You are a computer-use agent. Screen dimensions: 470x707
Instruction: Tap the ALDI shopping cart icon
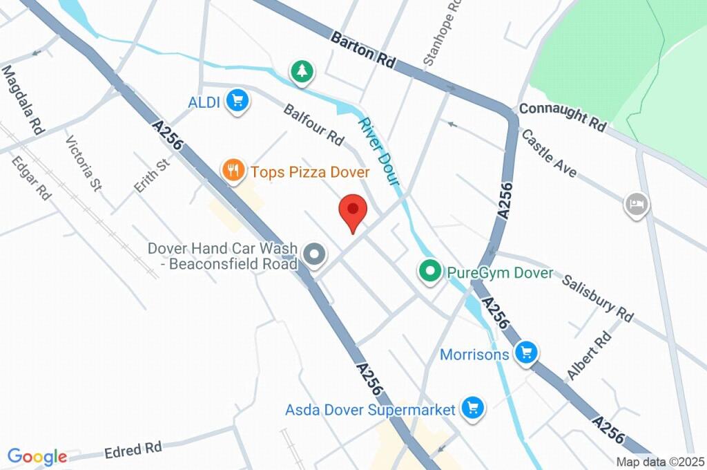[238, 102]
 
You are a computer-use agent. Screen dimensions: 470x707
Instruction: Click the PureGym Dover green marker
[431, 272]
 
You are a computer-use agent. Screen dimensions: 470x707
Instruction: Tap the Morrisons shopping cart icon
[527, 353]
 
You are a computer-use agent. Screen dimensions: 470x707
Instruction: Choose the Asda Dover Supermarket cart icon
[473, 407]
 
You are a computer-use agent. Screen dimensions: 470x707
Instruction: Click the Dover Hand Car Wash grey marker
[315, 255]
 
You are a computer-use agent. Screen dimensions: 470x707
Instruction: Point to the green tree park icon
[302, 70]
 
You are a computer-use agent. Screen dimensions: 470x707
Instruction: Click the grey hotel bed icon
[636, 204]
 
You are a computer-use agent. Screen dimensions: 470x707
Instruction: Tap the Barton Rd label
[362, 48]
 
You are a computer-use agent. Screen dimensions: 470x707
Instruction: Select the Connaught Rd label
[562, 117]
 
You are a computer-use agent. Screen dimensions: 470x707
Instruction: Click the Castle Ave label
[549, 153]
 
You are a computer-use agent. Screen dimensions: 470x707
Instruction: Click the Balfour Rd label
[313, 124]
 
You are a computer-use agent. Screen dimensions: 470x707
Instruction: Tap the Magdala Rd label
[23, 100]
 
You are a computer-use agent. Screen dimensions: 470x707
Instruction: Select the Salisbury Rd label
[597, 298]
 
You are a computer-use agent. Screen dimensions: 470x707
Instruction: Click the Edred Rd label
[133, 449]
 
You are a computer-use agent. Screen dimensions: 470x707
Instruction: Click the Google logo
[37, 456]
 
